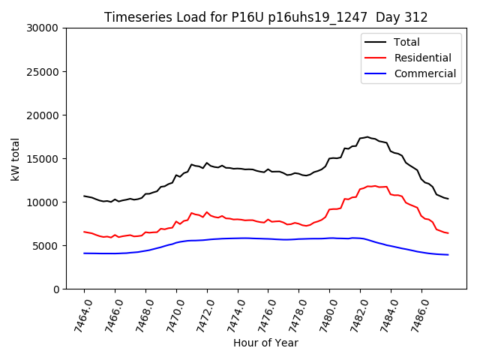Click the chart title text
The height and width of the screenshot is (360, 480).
[x=265, y=16]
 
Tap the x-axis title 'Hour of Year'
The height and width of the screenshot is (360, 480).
[x=265, y=343]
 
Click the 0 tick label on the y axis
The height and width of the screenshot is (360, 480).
[x=55, y=289]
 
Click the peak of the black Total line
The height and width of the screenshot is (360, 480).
[x=367, y=136]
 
